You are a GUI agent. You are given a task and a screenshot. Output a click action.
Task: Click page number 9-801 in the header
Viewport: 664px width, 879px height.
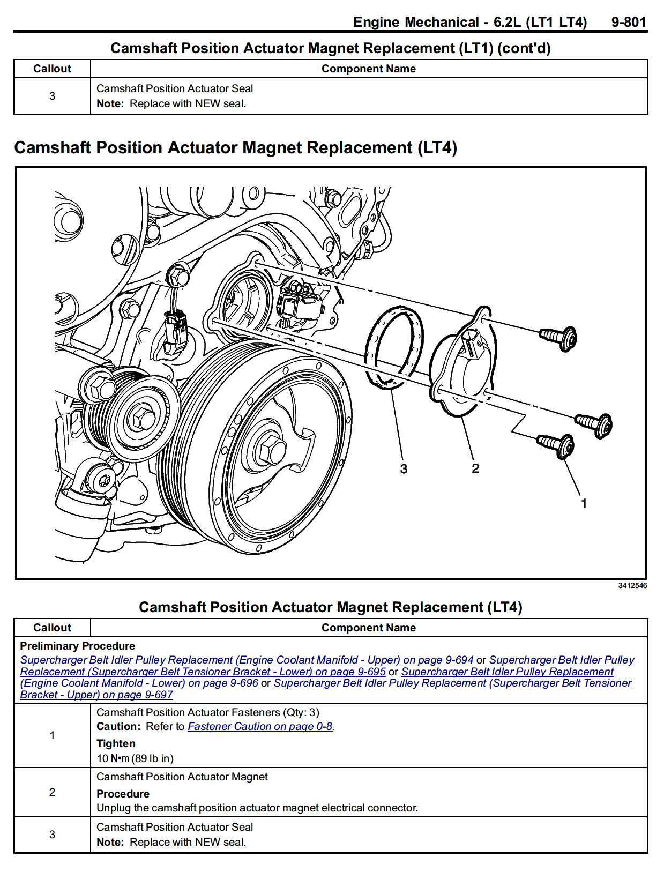pyautogui.click(x=628, y=22)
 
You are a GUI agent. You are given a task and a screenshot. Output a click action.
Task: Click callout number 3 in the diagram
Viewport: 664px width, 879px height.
pyautogui.click(x=404, y=469)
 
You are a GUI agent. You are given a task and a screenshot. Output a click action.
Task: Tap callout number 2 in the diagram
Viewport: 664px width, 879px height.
pyautogui.click(x=475, y=468)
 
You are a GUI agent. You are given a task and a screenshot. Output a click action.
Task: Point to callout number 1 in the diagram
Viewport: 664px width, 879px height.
pyautogui.click(x=584, y=503)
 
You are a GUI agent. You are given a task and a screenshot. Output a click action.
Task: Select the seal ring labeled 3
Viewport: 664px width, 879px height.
pyautogui.click(x=394, y=346)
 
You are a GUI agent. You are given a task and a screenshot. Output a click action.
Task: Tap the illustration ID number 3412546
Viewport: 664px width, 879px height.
pyautogui.click(x=632, y=585)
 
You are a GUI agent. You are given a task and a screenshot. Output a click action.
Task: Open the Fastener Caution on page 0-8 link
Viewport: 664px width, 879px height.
pyautogui.click(x=260, y=726)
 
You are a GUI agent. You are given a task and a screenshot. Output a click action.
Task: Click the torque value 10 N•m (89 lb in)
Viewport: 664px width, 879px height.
pyautogui.click(x=135, y=758)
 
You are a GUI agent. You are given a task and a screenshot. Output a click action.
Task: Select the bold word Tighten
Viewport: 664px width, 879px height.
pyautogui.click(x=116, y=743)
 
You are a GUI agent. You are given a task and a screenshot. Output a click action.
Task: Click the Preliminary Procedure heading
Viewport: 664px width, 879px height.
pyautogui.click(x=77, y=646)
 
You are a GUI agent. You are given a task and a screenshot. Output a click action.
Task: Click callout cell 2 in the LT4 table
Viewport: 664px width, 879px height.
pyautogui.click(x=52, y=792)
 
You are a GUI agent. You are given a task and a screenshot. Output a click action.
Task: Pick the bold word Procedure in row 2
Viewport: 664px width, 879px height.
pyautogui.click(x=123, y=794)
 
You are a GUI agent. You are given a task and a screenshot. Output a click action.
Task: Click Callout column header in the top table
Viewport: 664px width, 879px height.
pyautogui.click(x=52, y=69)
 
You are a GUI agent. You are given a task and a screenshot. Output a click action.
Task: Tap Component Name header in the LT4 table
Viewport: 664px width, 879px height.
pyautogui.click(x=368, y=628)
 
